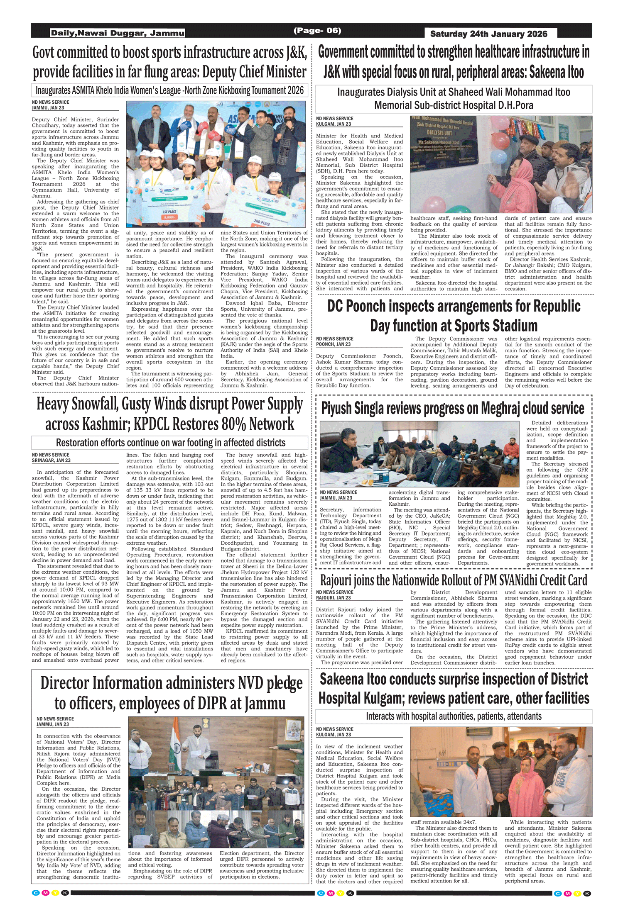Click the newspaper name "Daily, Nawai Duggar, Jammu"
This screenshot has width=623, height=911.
tap(118, 33)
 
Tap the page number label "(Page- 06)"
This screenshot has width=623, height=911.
tap(317, 31)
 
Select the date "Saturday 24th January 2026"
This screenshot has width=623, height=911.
tap(488, 34)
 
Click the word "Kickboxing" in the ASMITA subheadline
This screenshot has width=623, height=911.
tap(223, 90)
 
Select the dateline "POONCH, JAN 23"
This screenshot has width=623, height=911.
tap(333, 344)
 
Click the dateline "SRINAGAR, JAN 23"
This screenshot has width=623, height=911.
tap(51, 460)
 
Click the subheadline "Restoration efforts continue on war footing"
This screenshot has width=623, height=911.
tap(170, 443)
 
